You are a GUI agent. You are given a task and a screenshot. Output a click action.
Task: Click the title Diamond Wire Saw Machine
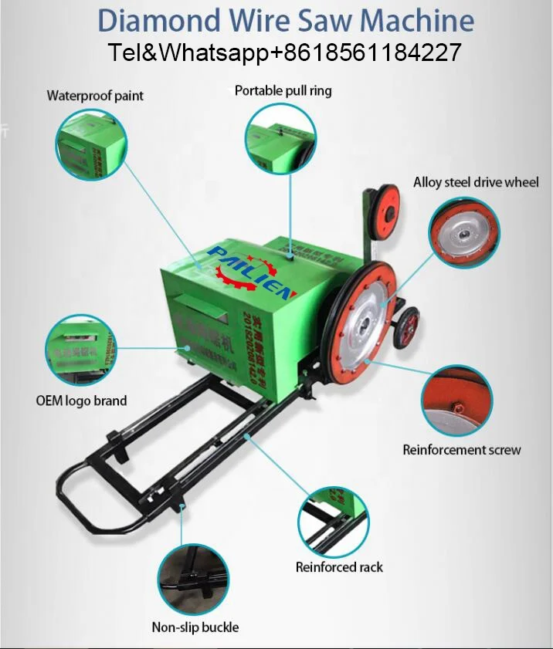[x=286, y=20]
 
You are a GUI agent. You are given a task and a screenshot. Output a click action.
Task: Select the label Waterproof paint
[x=95, y=96]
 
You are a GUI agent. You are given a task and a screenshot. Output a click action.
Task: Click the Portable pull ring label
[x=283, y=90]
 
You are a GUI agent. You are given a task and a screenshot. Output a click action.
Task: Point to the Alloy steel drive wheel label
[x=476, y=182]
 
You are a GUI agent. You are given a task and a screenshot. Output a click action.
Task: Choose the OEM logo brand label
[x=81, y=401]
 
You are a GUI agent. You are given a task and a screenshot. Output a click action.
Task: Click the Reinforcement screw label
[x=462, y=449]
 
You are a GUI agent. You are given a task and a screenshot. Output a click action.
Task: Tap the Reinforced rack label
[x=339, y=567]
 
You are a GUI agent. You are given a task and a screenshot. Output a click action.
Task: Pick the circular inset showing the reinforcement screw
[x=456, y=401]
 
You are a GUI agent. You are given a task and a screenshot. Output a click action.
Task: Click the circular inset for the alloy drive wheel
[x=464, y=232]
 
